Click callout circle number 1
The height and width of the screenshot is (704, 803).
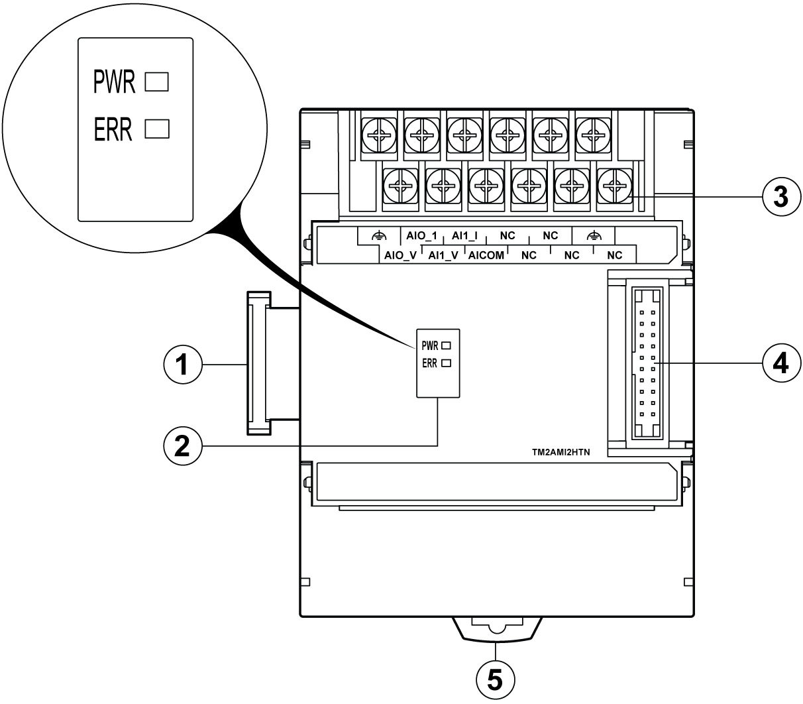pos(182,365)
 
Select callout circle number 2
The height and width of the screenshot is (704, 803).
pos(182,445)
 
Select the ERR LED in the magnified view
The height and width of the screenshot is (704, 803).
pos(157,128)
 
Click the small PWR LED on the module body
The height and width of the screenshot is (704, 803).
pos(446,345)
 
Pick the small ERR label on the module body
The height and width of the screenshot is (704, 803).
pos(429,363)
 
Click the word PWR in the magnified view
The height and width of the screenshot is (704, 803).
pos(114,83)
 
